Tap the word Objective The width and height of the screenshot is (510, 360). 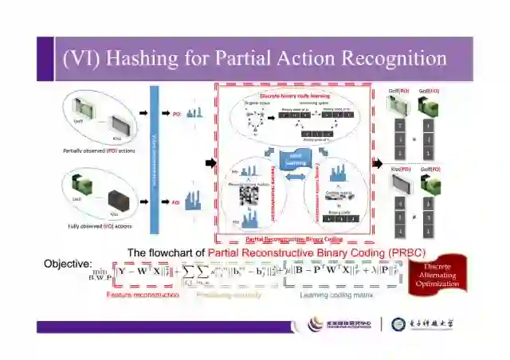[68, 264]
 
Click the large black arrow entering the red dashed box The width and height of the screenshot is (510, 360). [210, 163]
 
